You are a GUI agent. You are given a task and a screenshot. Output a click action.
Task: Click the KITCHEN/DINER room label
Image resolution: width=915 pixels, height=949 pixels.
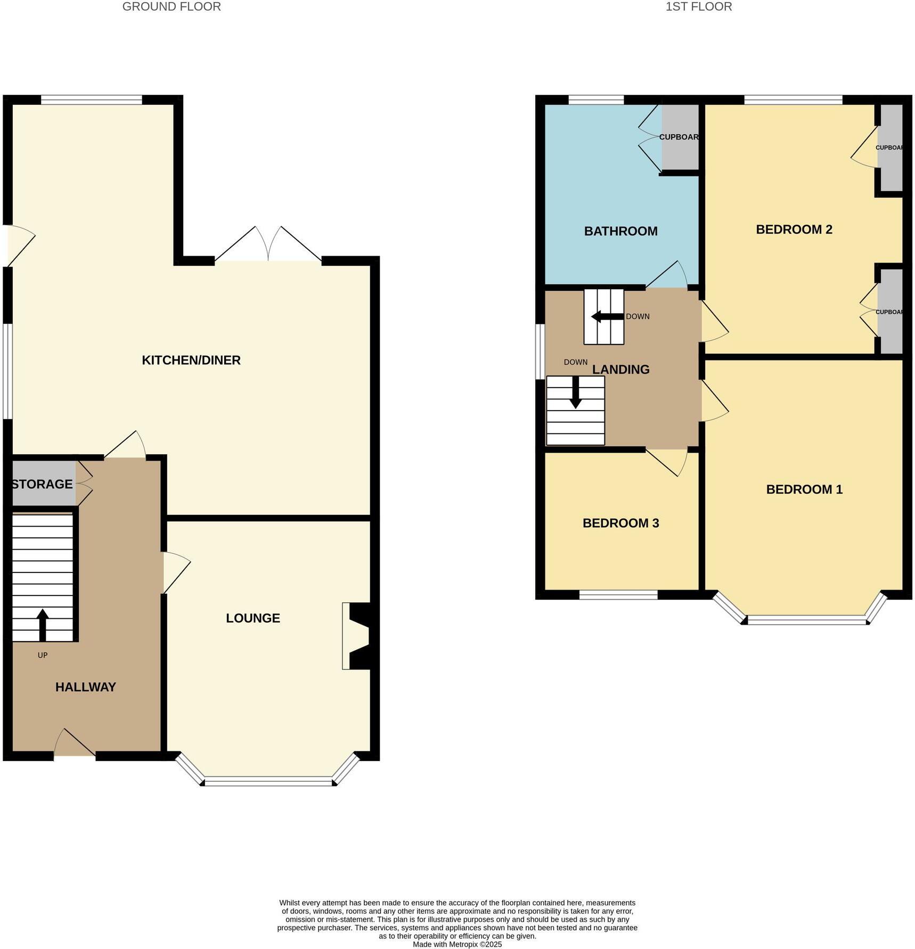[191, 361]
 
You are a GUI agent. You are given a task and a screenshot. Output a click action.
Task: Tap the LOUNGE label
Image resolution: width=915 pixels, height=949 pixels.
[253, 618]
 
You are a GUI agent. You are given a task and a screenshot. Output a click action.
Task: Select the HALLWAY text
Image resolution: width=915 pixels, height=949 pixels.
[86, 687]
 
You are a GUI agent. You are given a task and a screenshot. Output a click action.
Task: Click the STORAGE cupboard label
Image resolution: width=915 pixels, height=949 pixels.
[42, 485]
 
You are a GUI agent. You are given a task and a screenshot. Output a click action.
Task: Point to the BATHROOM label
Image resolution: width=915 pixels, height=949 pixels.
[620, 231]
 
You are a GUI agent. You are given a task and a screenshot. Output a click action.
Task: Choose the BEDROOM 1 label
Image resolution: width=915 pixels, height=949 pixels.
[804, 489]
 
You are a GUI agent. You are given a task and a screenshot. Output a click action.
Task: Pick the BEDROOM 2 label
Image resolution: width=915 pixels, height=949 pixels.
[794, 230]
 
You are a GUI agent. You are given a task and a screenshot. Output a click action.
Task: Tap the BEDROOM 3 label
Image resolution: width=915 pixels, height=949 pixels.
[621, 523]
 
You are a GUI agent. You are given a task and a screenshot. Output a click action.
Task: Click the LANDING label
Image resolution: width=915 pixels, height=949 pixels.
[621, 370]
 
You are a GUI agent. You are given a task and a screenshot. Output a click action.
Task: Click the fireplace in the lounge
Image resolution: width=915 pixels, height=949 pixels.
[358, 636]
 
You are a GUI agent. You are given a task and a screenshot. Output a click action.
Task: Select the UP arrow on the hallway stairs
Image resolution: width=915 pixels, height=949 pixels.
[43, 625]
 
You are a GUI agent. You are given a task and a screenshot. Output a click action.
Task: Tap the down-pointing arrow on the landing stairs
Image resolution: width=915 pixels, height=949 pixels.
[575, 392]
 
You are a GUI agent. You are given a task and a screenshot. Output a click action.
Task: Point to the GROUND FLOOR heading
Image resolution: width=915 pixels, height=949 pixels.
[171, 7]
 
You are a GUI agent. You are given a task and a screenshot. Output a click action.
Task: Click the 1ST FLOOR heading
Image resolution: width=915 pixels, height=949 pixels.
[699, 7]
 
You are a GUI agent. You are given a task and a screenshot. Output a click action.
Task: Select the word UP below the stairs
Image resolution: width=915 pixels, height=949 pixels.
[43, 656]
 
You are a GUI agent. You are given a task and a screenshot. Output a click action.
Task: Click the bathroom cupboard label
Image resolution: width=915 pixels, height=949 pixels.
[679, 137]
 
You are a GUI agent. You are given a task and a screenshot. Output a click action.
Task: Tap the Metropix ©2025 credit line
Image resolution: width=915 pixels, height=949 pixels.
[457, 944]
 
